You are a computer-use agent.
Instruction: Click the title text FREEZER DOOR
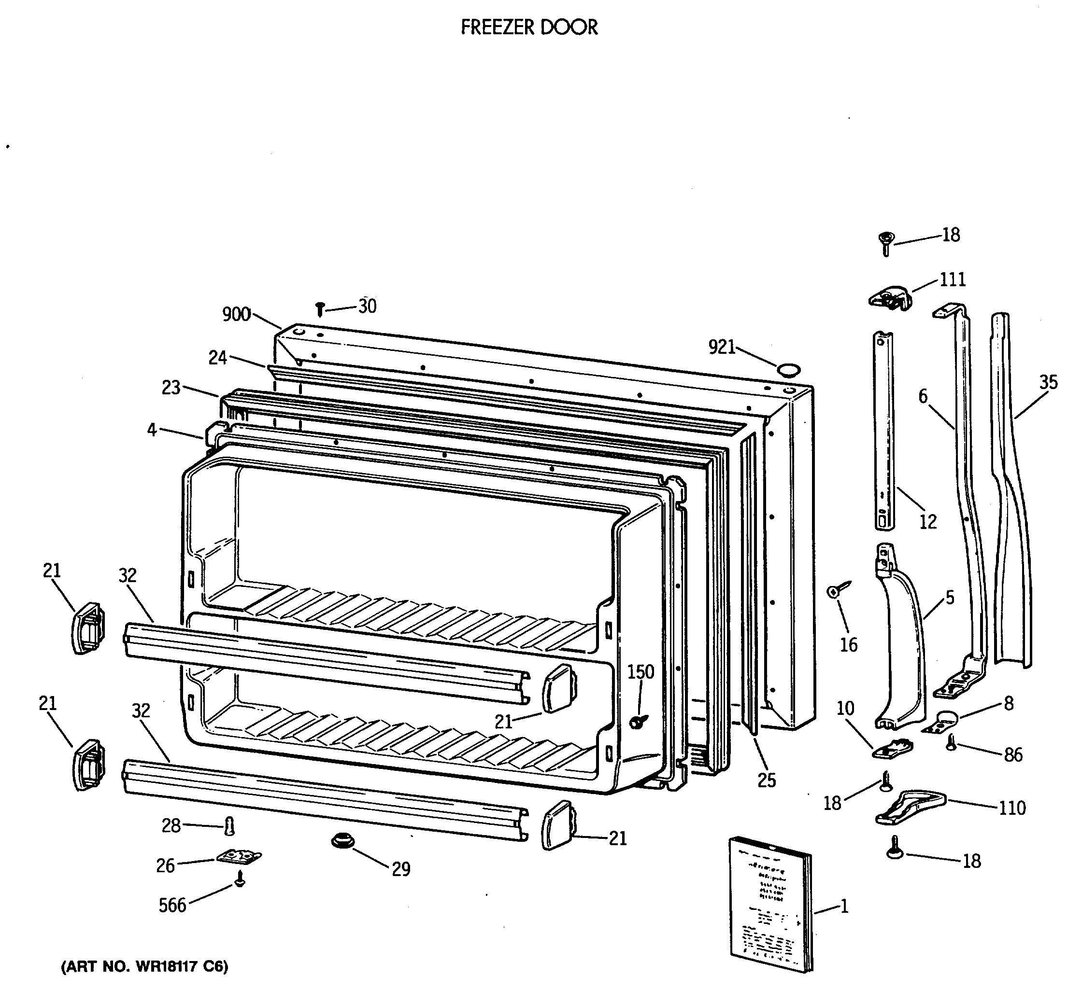[x=528, y=27]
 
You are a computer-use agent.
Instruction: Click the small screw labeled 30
[x=320, y=310]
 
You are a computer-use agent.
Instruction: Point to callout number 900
[x=236, y=314]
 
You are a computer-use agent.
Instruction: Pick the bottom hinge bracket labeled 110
[x=909, y=808]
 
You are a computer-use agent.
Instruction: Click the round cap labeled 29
[x=342, y=841]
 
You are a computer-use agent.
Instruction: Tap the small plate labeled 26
[x=239, y=857]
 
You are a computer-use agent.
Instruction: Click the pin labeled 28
[x=229, y=827]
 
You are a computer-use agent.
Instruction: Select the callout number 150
[x=641, y=672]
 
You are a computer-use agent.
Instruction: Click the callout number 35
[x=1048, y=382]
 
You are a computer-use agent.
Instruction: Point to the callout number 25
[x=766, y=781]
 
